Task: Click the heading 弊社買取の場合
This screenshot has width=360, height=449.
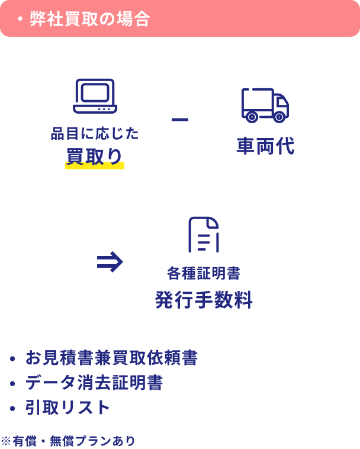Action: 89,19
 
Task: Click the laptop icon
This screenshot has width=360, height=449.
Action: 95,96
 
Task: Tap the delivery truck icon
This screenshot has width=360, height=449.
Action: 265,105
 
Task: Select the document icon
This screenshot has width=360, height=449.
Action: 204,235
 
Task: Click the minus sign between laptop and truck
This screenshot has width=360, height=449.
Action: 180,120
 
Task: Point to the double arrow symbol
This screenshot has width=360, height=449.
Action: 110,262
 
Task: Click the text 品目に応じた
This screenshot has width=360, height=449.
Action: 95,133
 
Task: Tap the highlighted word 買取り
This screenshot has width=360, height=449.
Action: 95,157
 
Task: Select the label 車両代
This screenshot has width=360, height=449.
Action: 265,146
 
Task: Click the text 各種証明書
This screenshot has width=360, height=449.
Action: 204,273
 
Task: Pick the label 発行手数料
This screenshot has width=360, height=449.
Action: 204,300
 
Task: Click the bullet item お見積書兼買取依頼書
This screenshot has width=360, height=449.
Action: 111,358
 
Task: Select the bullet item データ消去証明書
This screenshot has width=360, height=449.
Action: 94,383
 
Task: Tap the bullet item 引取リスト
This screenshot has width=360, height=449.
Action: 67,408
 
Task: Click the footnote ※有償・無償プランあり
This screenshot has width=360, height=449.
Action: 67,441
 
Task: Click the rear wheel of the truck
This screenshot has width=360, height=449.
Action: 252,117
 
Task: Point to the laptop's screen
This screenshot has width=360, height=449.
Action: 95,92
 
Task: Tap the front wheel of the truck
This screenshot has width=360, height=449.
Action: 279,117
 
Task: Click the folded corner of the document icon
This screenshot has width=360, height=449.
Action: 213,223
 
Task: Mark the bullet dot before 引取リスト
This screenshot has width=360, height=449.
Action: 12,408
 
